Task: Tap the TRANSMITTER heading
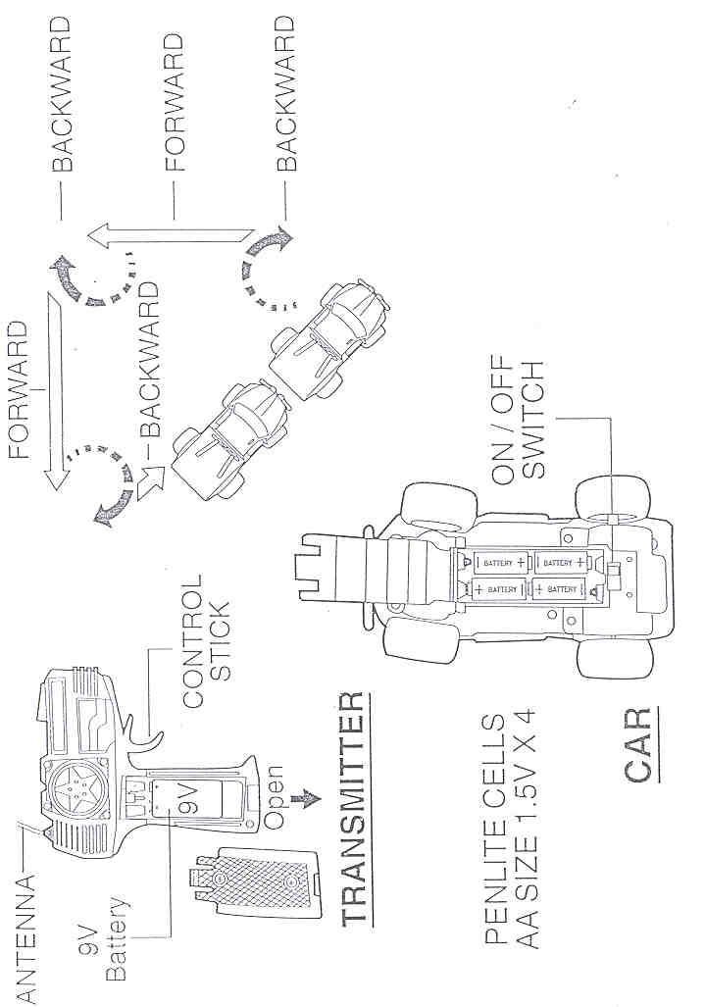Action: tap(354, 807)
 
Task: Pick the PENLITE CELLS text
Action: tap(496, 831)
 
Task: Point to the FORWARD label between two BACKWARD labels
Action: tap(174, 102)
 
